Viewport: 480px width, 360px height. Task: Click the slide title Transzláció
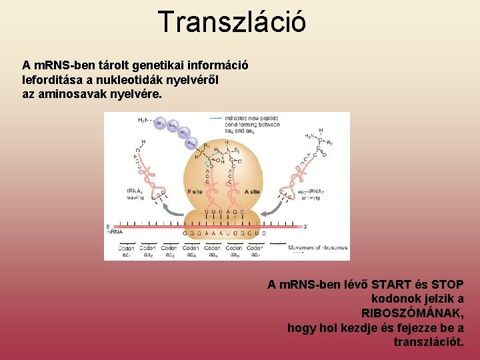pos(232,21)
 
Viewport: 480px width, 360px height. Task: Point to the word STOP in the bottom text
pos(447,285)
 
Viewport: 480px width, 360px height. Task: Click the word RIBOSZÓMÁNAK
pos(412,313)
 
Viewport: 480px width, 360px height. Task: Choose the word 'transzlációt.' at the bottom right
pos(429,342)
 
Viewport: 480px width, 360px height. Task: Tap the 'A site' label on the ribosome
pos(253,192)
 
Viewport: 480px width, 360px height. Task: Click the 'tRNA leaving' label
pos(137,194)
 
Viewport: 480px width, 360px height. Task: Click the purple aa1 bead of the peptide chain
pos(160,123)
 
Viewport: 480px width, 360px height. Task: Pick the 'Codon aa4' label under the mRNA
pos(191,251)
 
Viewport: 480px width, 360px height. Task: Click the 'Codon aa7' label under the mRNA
pos(256,251)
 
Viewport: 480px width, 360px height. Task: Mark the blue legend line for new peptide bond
pos(215,118)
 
